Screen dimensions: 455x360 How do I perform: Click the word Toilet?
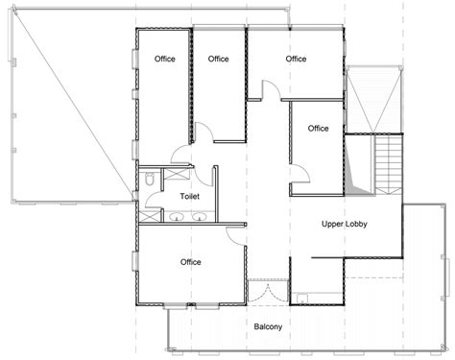click(189, 196)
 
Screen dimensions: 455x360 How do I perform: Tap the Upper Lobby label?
click(344, 224)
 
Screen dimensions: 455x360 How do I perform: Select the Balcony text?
click(268, 326)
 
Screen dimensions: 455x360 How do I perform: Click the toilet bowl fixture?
click(150, 179)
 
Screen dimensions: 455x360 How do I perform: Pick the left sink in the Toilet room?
click(177, 217)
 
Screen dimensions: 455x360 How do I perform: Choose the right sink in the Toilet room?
click(199, 217)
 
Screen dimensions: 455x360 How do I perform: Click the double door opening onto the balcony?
click(268, 292)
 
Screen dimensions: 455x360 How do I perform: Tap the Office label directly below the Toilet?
click(191, 262)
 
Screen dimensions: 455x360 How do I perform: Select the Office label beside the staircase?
click(318, 129)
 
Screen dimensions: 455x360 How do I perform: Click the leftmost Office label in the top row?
click(165, 59)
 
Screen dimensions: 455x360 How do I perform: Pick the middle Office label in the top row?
click(218, 59)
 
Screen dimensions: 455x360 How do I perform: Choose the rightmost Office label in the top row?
click(296, 59)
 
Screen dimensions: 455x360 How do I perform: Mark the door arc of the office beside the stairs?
click(305, 170)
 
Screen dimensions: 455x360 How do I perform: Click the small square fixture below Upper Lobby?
click(301, 299)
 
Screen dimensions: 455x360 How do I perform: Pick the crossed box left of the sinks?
click(150, 216)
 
